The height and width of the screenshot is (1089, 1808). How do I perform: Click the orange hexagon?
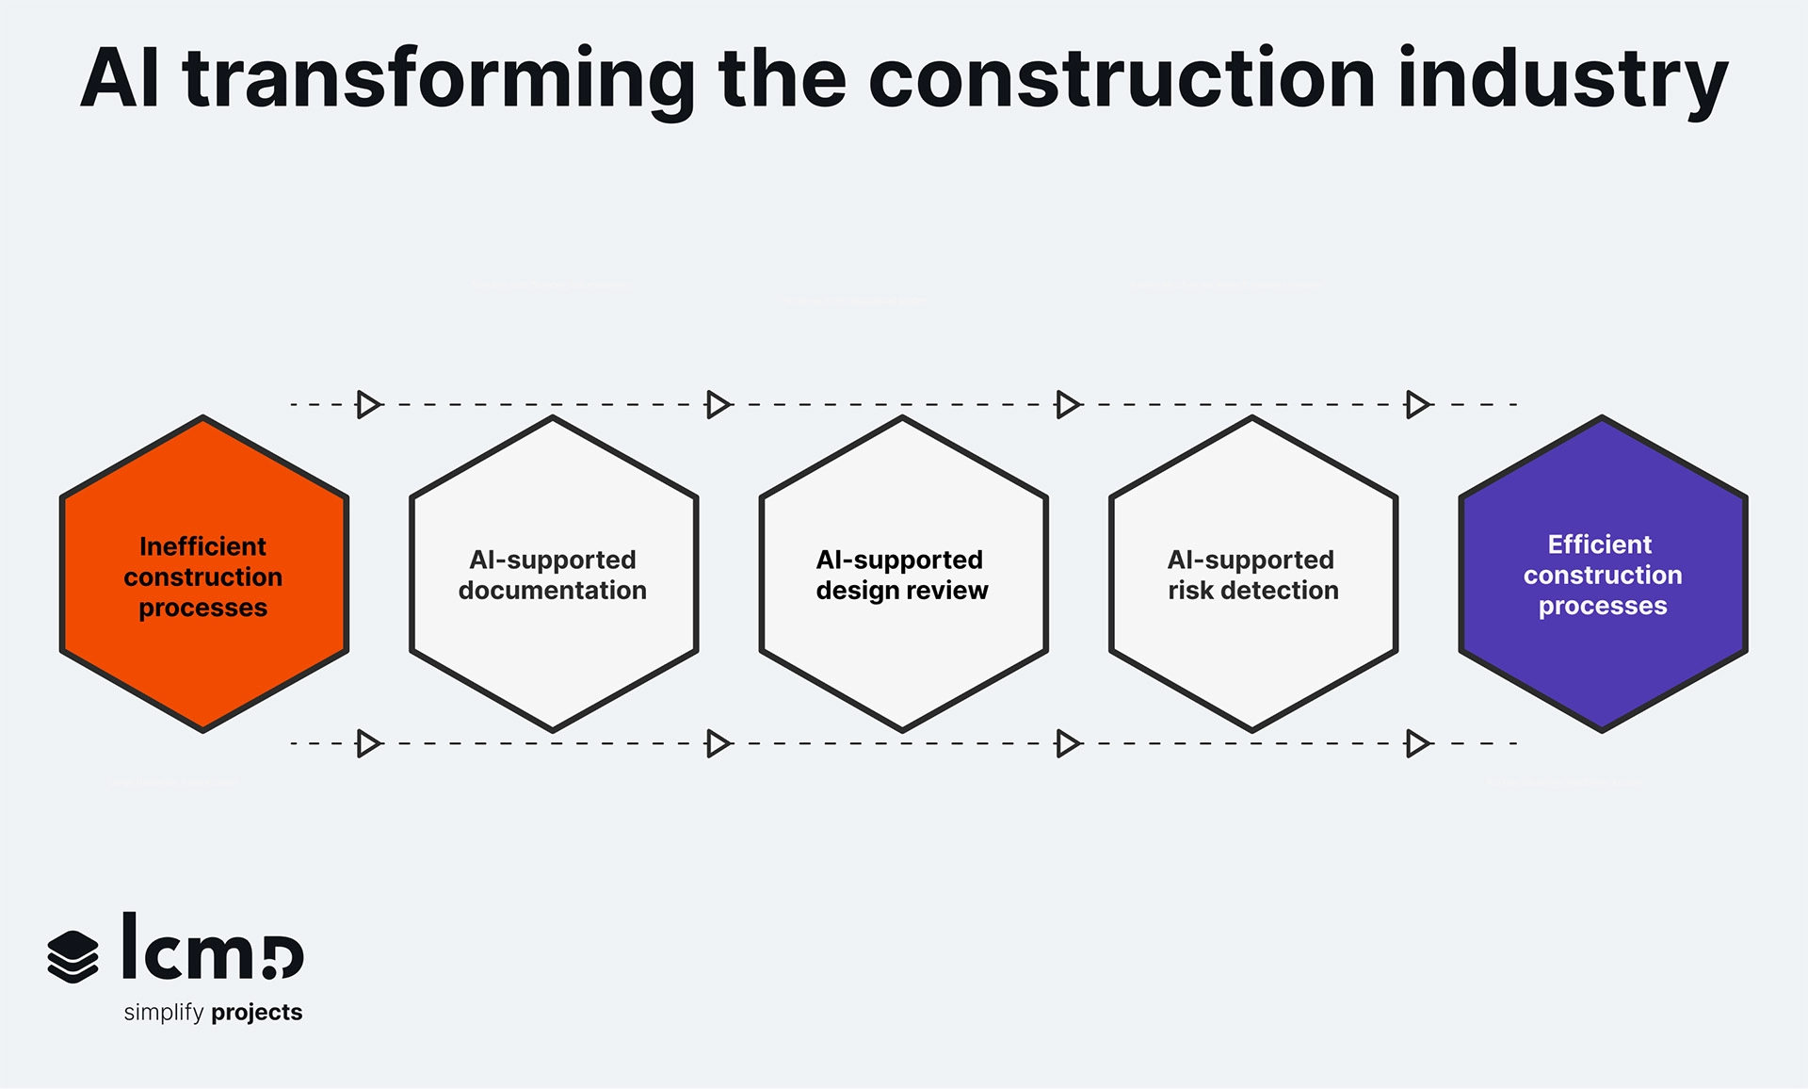click(203, 659)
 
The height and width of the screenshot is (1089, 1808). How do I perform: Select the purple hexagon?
click(1603, 659)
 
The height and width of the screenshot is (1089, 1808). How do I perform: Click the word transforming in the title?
click(439, 79)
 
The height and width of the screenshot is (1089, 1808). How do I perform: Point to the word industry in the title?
click(1563, 79)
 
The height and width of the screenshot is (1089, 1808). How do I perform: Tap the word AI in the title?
click(120, 79)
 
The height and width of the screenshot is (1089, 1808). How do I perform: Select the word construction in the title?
click(1122, 79)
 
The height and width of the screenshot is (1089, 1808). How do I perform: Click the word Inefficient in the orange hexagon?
click(202, 546)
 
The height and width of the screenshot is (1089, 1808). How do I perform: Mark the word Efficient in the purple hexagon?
click(1599, 544)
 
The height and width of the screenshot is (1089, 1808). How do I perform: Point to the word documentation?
click(553, 591)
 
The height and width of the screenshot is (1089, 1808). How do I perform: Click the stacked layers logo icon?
click(73, 956)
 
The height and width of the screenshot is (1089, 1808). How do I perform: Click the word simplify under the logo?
click(164, 1013)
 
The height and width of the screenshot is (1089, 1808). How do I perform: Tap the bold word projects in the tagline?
click(257, 1013)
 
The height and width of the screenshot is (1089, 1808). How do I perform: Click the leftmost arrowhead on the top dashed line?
click(368, 404)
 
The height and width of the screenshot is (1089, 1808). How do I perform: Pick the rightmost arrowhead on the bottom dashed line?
click(1417, 743)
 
